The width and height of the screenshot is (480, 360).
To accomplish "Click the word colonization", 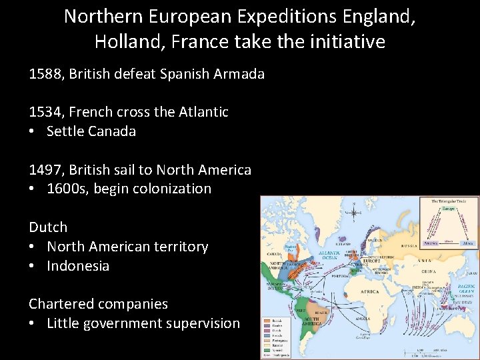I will tap(172, 189).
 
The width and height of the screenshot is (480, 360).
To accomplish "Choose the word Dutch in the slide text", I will tap(48, 227).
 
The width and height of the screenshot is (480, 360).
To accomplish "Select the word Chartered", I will tap(63, 304).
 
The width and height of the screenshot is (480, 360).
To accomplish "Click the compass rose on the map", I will tap(353, 213).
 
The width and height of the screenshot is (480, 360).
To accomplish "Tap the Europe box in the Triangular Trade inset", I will tap(448, 209).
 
